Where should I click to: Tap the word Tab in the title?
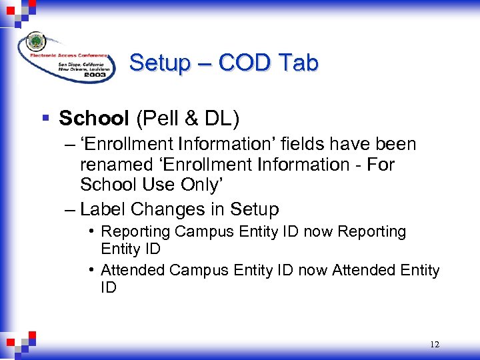[x=297, y=63]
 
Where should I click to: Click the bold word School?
[x=94, y=119]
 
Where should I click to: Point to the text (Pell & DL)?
[x=187, y=119]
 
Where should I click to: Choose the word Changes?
[x=165, y=209]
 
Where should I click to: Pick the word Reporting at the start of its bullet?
[x=135, y=232]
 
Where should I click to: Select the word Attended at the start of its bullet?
[x=133, y=270]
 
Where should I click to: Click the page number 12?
[x=435, y=345]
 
